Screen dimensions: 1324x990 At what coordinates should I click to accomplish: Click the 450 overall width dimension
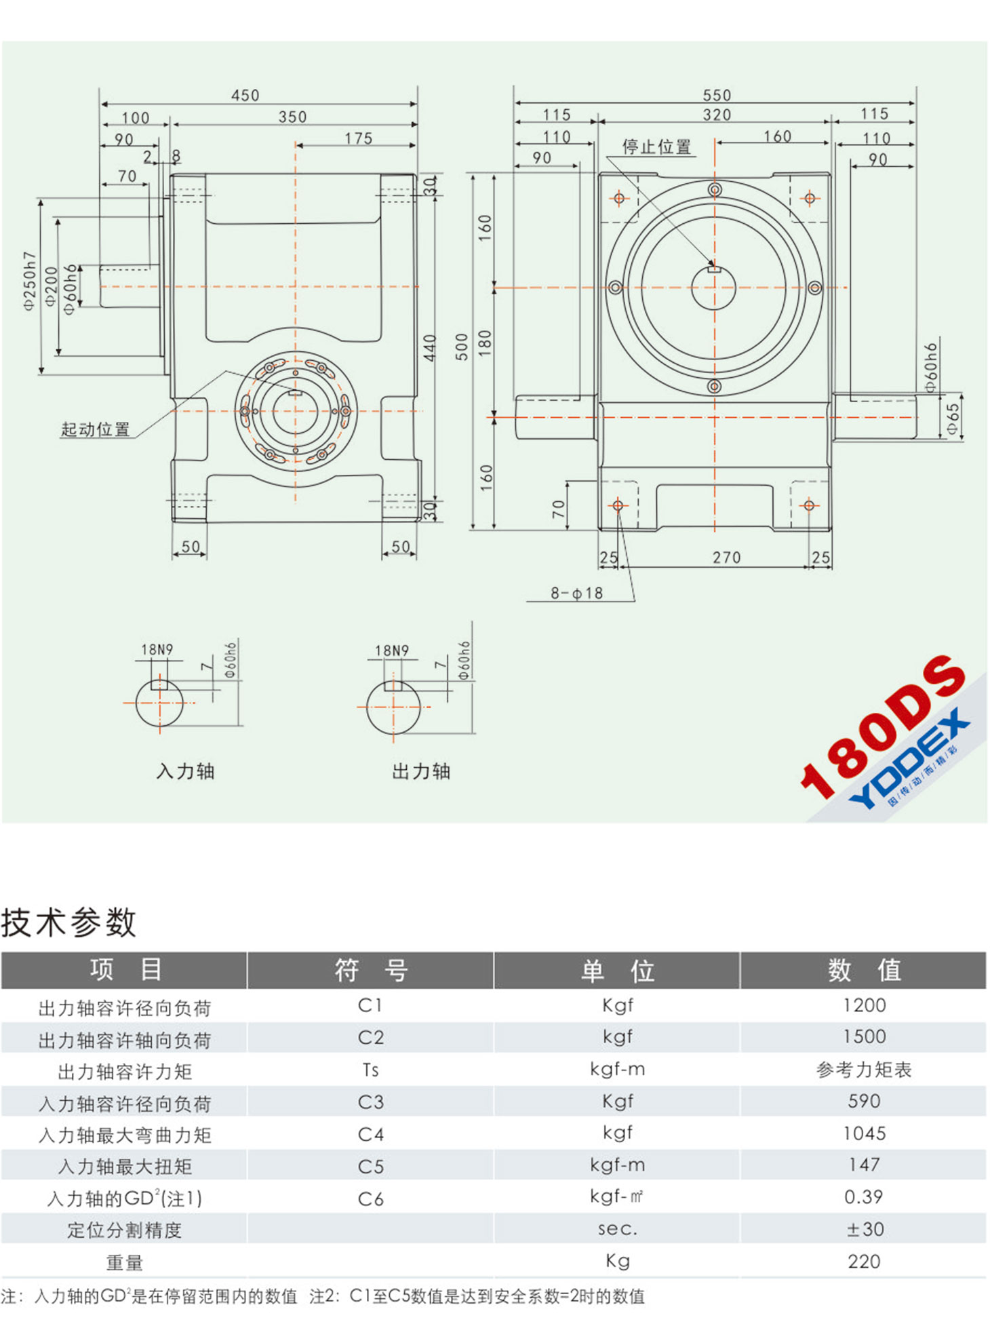(x=245, y=95)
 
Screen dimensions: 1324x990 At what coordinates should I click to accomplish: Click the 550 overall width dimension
(x=716, y=95)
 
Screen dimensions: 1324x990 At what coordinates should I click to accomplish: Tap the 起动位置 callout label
(x=95, y=429)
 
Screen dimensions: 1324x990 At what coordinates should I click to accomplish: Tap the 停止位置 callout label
(x=656, y=147)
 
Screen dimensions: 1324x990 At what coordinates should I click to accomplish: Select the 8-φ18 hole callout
(x=576, y=593)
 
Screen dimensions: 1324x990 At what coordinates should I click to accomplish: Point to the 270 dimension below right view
(x=726, y=558)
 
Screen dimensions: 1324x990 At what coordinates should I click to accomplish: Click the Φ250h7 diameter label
(x=29, y=281)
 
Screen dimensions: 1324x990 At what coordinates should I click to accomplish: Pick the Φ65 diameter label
(x=953, y=419)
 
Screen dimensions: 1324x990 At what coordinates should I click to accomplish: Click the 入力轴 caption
(x=185, y=771)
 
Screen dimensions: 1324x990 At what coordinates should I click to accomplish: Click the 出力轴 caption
(x=421, y=771)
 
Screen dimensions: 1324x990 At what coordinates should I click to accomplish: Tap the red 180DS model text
(x=882, y=726)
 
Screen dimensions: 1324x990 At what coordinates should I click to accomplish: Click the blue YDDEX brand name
(x=909, y=760)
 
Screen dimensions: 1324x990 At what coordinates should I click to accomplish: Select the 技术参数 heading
(x=68, y=922)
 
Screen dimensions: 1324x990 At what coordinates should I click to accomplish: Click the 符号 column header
(x=370, y=970)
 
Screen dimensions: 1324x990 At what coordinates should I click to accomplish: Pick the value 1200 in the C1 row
(x=864, y=1005)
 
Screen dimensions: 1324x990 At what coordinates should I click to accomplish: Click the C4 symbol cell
(x=370, y=1134)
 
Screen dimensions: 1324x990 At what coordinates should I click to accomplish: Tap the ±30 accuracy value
(x=865, y=1229)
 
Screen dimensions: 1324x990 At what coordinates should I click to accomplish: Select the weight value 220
(x=864, y=1262)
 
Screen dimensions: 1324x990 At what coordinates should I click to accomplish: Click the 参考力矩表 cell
(x=864, y=1070)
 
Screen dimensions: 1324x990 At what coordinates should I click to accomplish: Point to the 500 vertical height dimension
(x=462, y=347)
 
